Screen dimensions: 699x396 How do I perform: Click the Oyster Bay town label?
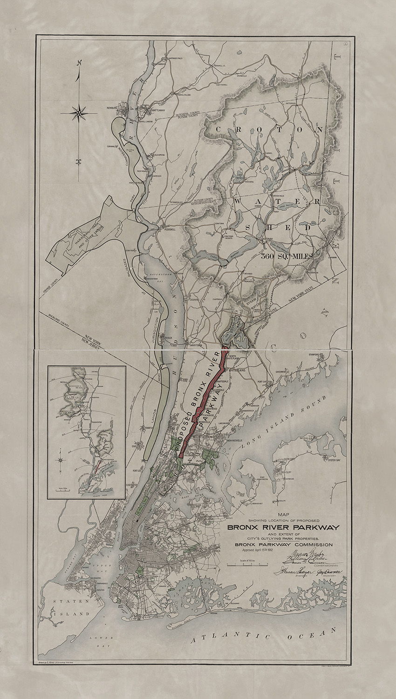(334, 460)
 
